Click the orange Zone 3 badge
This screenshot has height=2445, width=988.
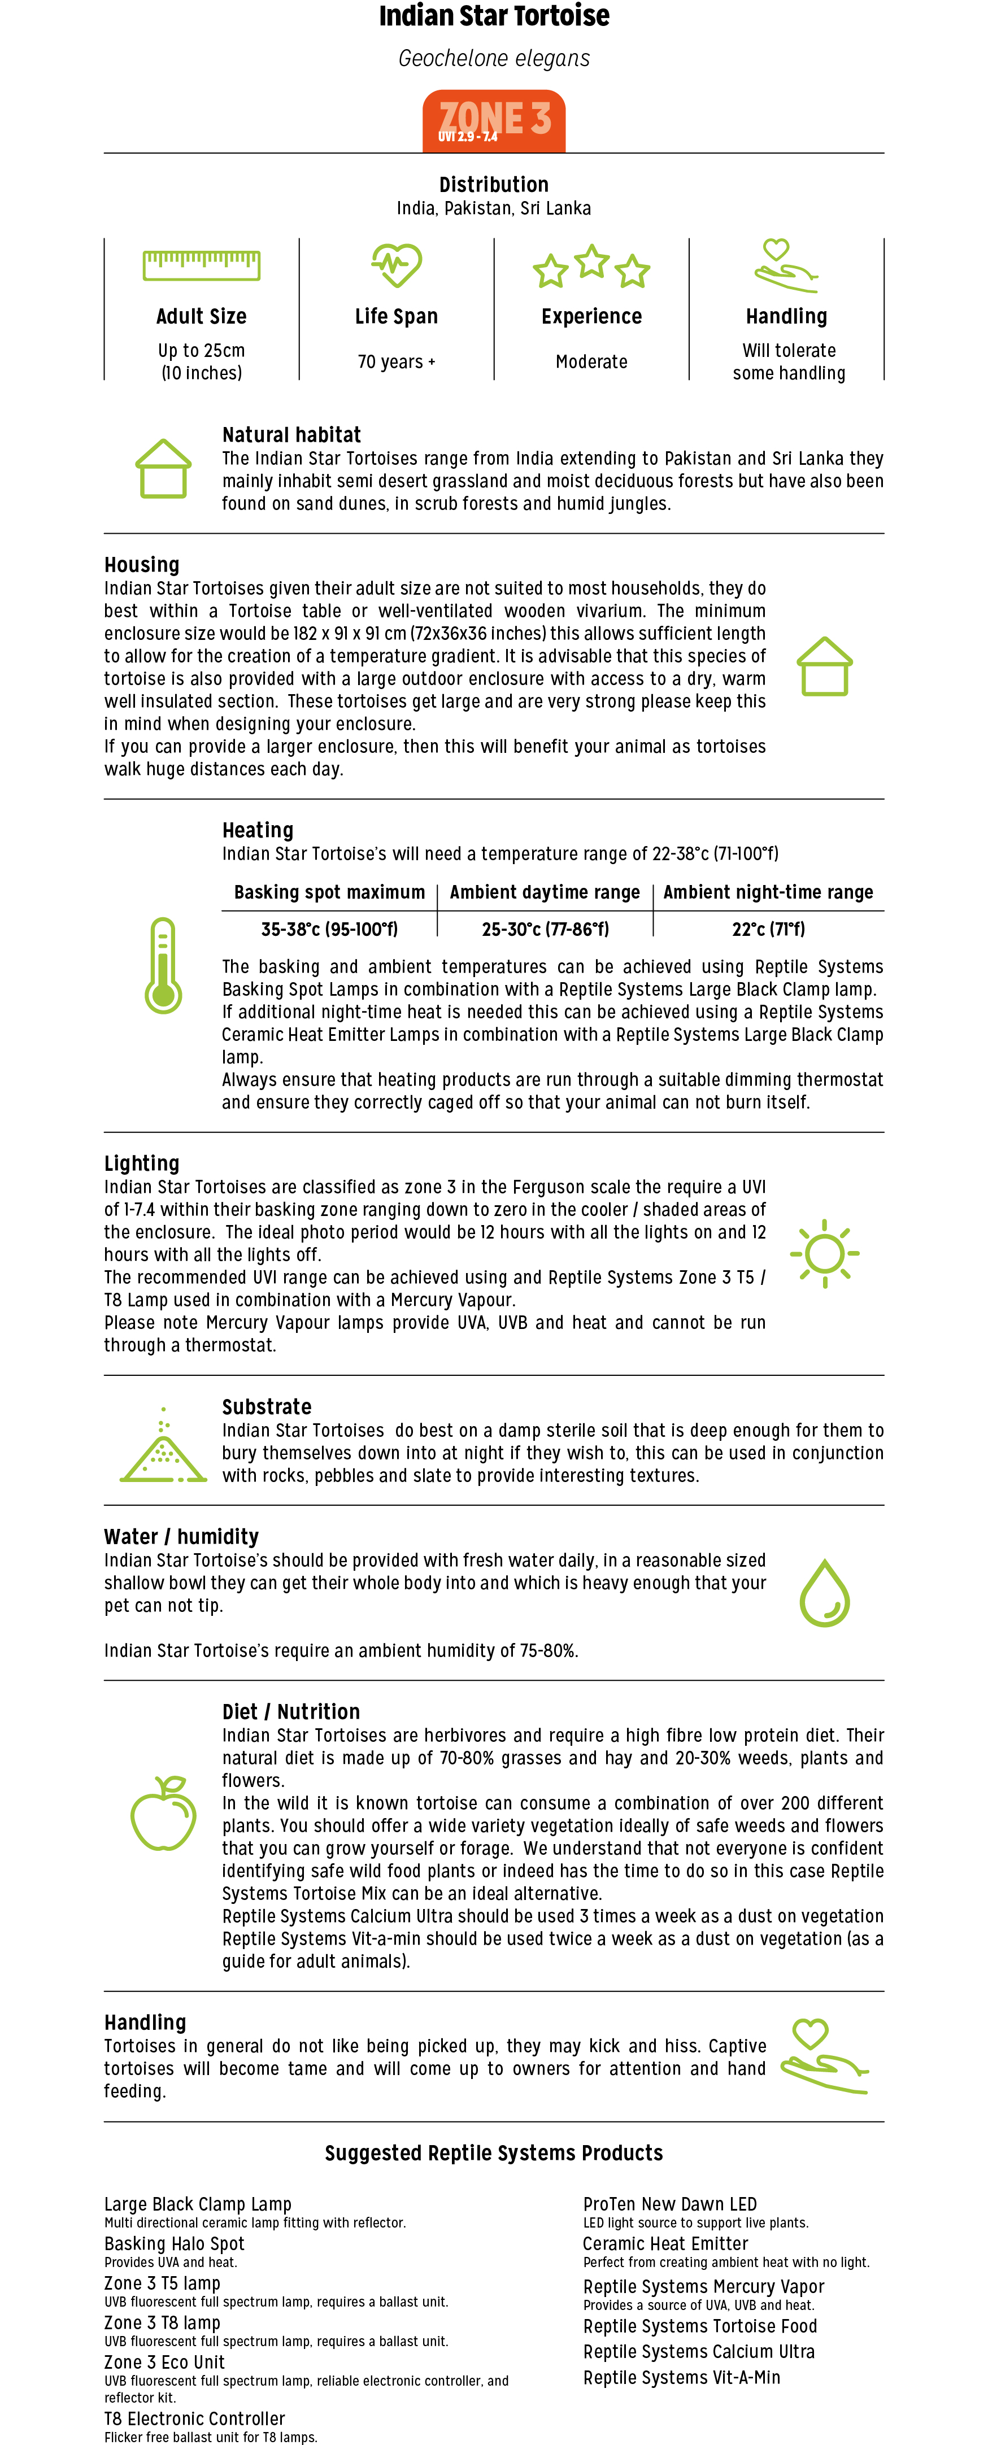tap(494, 120)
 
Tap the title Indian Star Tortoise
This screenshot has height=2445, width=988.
tap(494, 16)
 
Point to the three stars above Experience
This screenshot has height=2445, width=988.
tap(591, 267)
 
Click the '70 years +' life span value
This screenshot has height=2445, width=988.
tap(396, 361)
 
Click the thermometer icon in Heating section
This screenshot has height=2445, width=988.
tap(163, 965)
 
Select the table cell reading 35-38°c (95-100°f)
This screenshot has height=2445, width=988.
tap(329, 929)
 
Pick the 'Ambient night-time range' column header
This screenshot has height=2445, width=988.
tap(768, 892)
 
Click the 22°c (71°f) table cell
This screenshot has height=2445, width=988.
tap(768, 929)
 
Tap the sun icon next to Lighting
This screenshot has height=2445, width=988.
tap(825, 1253)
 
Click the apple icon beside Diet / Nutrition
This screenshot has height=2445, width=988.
tap(163, 1813)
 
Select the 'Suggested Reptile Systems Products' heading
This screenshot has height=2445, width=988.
tap(494, 2152)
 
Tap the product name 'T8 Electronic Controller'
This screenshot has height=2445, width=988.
tap(194, 2418)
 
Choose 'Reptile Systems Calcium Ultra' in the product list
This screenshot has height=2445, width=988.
tap(699, 2351)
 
